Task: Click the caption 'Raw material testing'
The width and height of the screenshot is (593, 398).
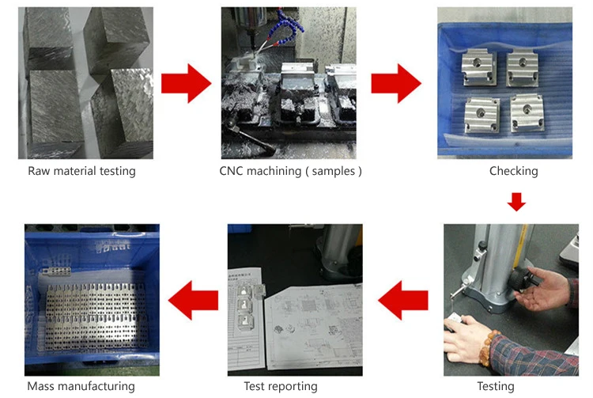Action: [81, 171]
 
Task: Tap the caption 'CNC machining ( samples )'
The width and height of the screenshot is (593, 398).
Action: [290, 171]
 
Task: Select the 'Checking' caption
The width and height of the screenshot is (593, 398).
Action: [513, 171]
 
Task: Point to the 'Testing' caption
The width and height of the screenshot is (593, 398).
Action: [496, 386]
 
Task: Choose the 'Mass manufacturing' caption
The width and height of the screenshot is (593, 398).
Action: [81, 386]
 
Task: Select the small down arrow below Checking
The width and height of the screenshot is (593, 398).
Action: [516, 202]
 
